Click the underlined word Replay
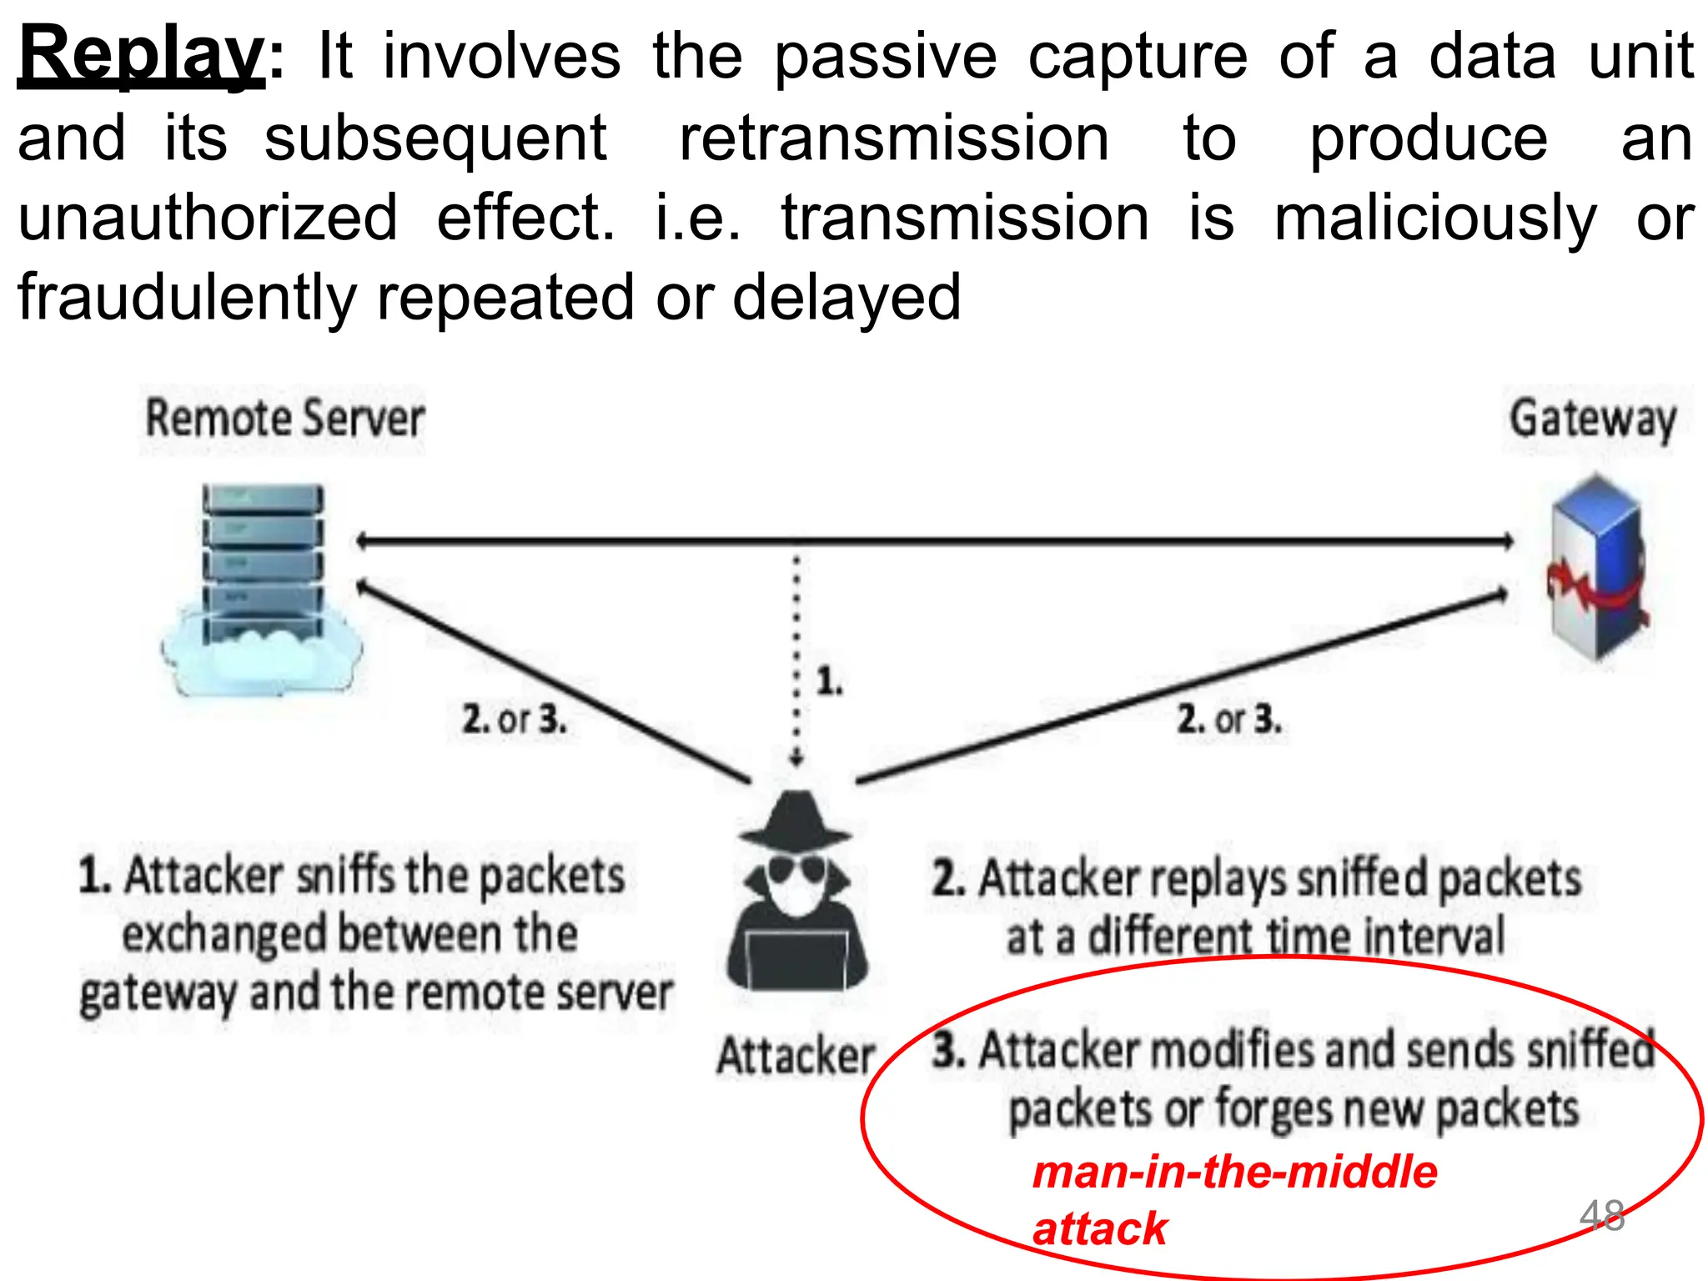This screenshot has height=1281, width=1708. click(140, 55)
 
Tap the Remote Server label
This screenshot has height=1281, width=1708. click(284, 419)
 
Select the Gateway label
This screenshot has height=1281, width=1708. click(1592, 419)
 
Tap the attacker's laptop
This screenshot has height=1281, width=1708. click(796, 959)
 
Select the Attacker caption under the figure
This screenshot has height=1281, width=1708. click(796, 1056)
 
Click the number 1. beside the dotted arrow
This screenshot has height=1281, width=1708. click(829, 681)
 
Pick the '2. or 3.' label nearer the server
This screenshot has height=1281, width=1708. click(514, 719)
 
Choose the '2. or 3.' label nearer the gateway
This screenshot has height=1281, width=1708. click(1228, 719)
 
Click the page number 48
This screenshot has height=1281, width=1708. click(1601, 1216)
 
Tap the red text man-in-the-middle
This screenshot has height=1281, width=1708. click(1234, 1172)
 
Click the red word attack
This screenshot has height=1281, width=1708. click(1099, 1228)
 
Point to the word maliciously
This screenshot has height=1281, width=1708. click(1434, 219)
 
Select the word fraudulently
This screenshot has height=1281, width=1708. click(187, 298)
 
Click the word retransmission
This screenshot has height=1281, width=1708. click(894, 138)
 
